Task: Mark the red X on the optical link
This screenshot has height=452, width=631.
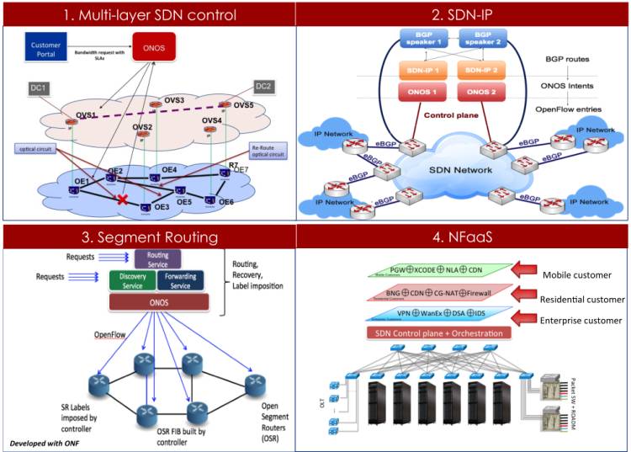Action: point(122,200)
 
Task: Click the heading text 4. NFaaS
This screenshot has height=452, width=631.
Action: point(463,237)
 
